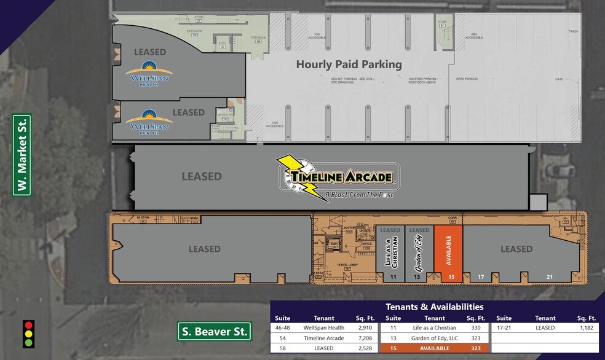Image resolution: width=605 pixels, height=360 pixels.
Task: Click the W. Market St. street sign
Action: pyautogui.click(x=22, y=155)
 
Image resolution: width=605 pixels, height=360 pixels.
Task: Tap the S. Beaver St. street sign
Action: pyautogui.click(x=215, y=332)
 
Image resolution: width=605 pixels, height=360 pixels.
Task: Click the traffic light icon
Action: pyautogui.click(x=28, y=334)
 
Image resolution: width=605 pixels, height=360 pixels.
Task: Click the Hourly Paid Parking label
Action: pyautogui.click(x=349, y=64)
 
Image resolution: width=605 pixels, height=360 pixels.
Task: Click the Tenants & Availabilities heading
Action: pyautogui.click(x=434, y=307)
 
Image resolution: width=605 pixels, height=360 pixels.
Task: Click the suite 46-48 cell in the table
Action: pyautogui.click(x=282, y=328)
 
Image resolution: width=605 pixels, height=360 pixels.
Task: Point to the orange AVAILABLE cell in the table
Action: pyautogui.click(x=434, y=348)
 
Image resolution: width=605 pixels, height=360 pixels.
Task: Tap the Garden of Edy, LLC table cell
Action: pyautogui.click(x=434, y=338)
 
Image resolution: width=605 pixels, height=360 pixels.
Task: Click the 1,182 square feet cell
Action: pyautogui.click(x=586, y=328)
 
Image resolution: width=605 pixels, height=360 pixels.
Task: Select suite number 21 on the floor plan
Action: pyautogui.click(x=550, y=277)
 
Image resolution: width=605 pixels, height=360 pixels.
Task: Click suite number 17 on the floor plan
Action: pyautogui.click(x=481, y=277)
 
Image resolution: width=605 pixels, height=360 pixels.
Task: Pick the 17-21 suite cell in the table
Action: pyautogui.click(x=504, y=328)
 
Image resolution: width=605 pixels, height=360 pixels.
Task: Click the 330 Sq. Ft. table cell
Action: pyautogui.click(x=475, y=328)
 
